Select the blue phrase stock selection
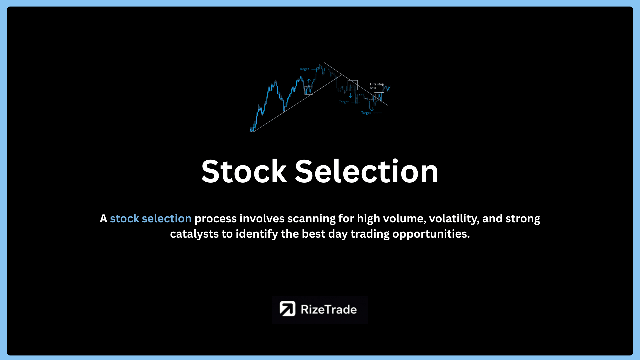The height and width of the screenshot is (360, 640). click(x=151, y=219)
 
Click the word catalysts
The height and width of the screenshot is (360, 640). click(x=194, y=234)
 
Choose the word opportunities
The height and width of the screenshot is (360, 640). click(x=431, y=234)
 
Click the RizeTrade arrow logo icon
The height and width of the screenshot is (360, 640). click(x=287, y=309)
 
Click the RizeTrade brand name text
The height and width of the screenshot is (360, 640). click(x=329, y=310)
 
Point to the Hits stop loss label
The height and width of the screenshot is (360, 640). click(x=377, y=86)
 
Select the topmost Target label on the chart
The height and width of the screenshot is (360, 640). click(x=304, y=69)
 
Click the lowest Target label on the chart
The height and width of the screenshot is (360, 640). click(x=366, y=113)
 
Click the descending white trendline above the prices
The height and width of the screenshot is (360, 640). click(x=356, y=84)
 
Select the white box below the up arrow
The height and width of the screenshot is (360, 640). click(x=309, y=90)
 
